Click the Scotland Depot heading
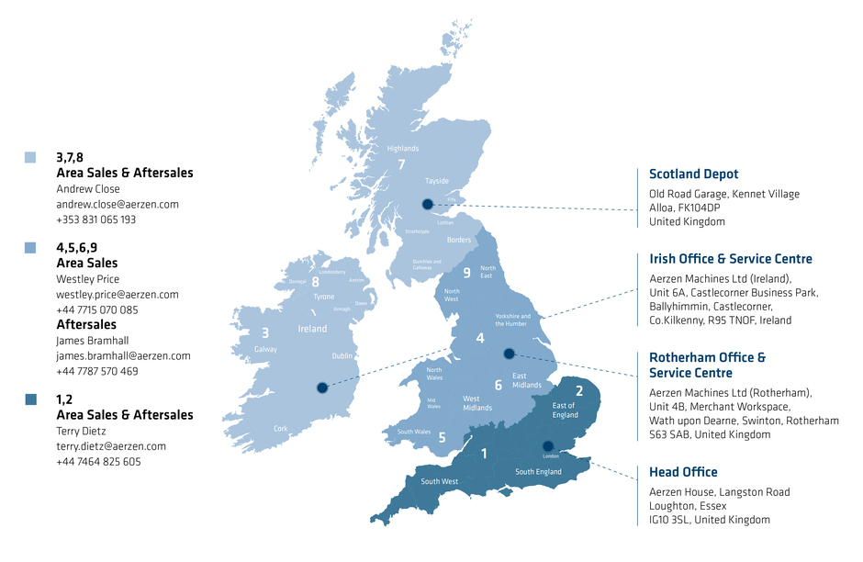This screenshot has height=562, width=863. click(x=693, y=174)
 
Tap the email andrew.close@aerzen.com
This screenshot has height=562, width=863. click(x=118, y=205)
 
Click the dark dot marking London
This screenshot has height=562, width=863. click(x=548, y=446)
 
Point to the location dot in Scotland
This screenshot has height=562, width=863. click(x=426, y=204)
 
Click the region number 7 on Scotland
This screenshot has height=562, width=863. click(x=401, y=165)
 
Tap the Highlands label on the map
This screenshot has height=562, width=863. click(x=402, y=149)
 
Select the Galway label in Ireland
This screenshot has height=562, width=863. click(x=265, y=350)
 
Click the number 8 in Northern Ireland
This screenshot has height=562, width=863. click(x=315, y=282)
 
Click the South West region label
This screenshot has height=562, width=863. click(x=439, y=481)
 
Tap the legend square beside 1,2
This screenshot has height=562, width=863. click(x=30, y=399)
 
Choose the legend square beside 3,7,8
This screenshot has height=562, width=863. click(x=30, y=158)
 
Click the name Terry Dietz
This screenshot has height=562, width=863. click(x=82, y=431)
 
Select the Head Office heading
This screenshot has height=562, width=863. click(x=683, y=472)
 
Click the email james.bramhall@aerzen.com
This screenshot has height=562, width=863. click(x=123, y=355)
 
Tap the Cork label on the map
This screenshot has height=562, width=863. click(x=281, y=429)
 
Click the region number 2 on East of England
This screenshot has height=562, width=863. click(x=578, y=391)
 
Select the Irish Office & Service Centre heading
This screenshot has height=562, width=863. click(x=730, y=259)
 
